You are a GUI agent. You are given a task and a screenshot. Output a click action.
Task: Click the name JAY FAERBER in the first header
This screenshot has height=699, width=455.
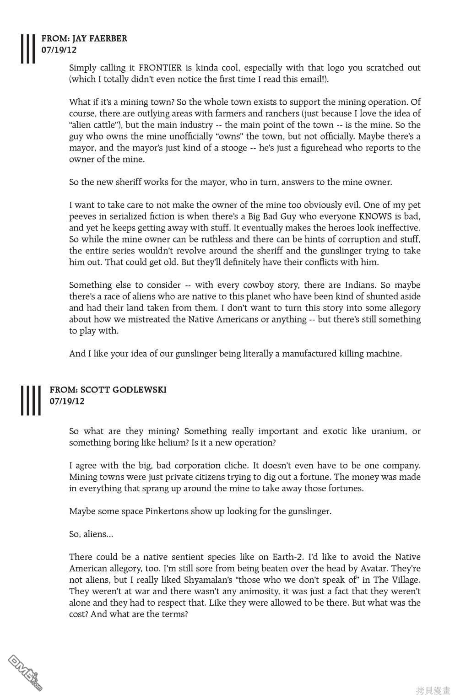click(100, 38)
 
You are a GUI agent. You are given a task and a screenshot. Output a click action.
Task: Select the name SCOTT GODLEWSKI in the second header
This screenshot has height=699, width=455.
click(124, 390)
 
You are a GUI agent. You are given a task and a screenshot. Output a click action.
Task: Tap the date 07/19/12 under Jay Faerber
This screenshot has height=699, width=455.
click(59, 50)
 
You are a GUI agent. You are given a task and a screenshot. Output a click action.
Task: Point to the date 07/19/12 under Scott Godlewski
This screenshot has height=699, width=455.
click(67, 401)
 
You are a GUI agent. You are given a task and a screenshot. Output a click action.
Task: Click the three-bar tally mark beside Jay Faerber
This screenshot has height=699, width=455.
click(28, 48)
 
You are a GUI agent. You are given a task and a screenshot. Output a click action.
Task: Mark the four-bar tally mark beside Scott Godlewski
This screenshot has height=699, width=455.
click(31, 400)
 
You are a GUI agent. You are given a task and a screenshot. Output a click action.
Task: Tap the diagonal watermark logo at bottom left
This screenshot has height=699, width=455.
click(25, 672)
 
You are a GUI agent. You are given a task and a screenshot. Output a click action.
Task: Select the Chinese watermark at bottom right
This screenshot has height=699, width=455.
click(433, 690)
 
